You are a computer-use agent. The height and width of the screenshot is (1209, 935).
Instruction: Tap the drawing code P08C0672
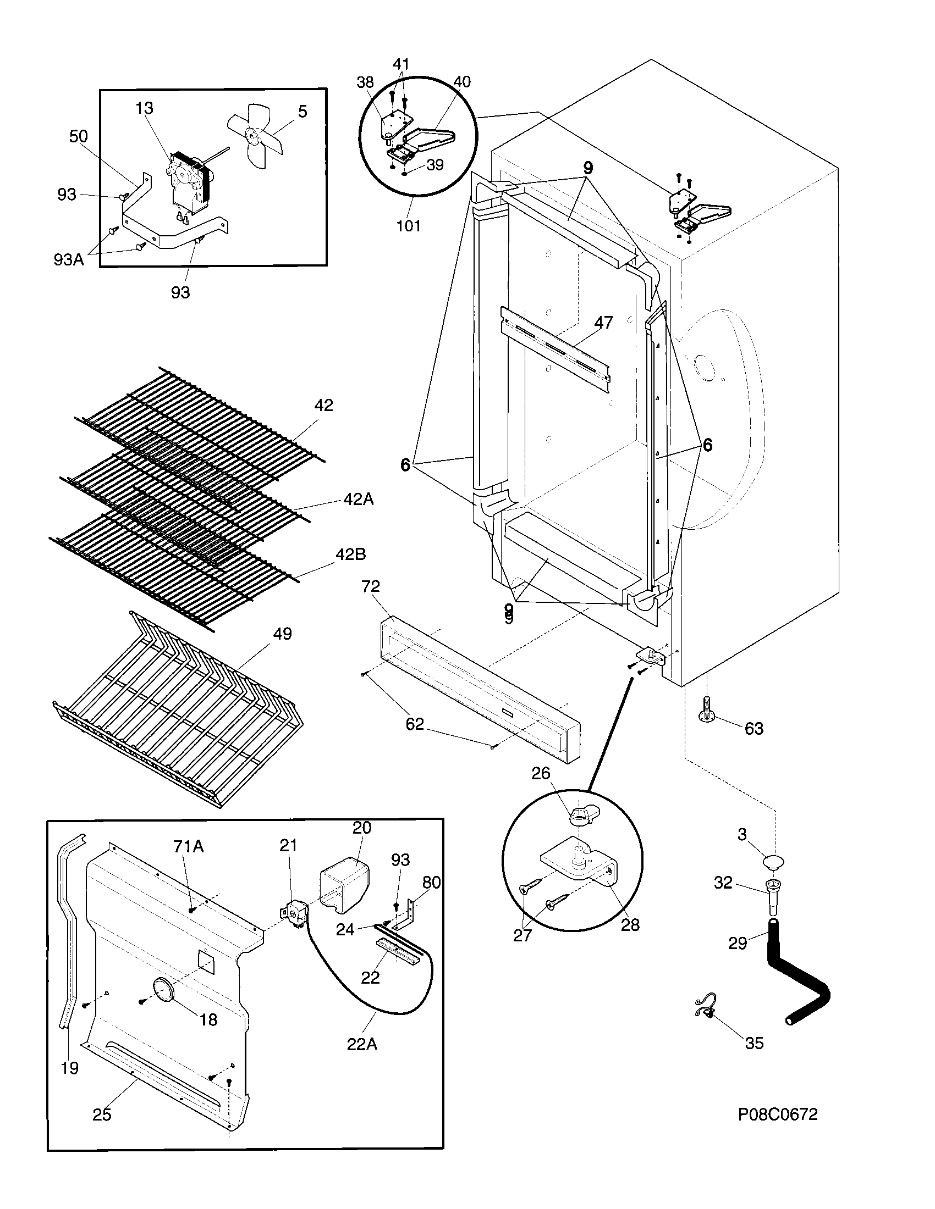777,1114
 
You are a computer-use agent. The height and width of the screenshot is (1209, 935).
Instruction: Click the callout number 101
408,226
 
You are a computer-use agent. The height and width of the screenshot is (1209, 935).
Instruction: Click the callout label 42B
351,554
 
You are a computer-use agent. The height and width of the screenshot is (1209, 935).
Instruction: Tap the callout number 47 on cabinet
603,323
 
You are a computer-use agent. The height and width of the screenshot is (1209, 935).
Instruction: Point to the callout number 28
630,924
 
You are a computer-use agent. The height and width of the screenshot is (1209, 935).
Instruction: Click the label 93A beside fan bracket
69,259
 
